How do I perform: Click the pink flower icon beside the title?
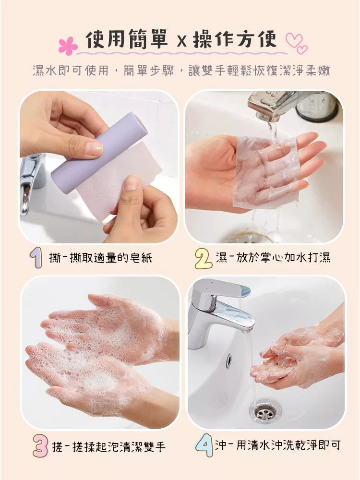[68, 46]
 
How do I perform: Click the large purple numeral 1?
[36, 258]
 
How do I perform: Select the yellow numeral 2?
[203, 259]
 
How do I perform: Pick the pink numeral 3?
[40, 446]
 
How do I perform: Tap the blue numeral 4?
[204, 446]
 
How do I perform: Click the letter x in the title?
[181, 42]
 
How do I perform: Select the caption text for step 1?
[100, 258]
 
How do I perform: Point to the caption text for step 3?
[108, 447]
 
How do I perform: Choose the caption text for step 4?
[277, 445]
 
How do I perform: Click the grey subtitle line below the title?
[181, 71]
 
